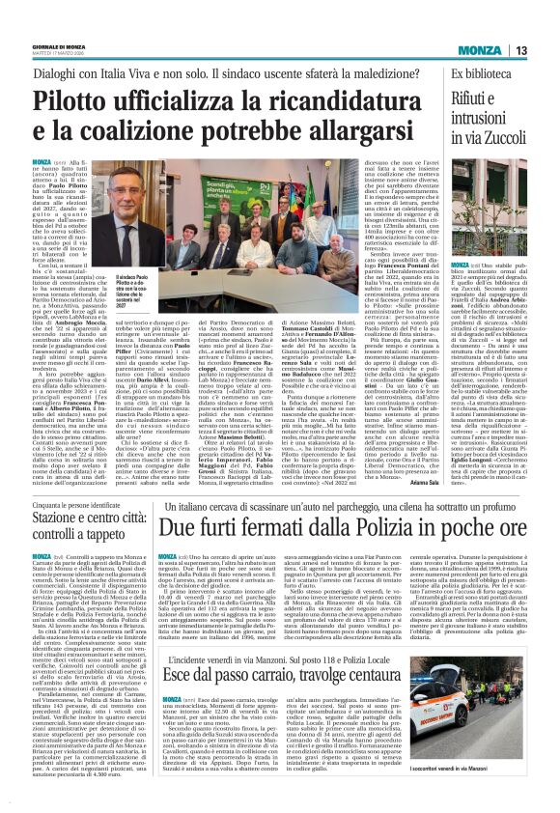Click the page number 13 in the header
pos(546,50)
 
